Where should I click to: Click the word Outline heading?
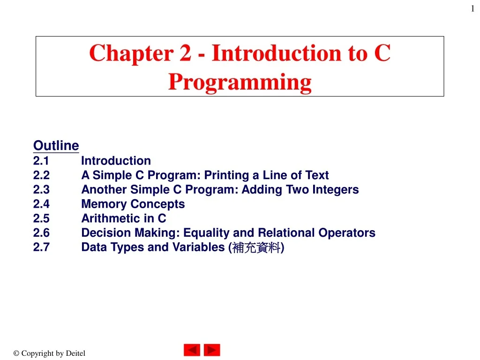(x=56, y=145)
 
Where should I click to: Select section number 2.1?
(x=41, y=161)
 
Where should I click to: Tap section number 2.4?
(x=41, y=204)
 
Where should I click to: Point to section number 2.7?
(x=41, y=247)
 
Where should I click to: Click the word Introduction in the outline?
(x=116, y=161)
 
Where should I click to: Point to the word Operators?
(x=347, y=233)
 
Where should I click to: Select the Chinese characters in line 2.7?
(x=256, y=247)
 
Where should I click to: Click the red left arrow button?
(x=192, y=350)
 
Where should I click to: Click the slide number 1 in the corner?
(x=472, y=8)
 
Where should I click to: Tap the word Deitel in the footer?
(x=75, y=353)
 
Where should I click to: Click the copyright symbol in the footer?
(x=16, y=353)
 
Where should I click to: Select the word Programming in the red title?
(x=240, y=82)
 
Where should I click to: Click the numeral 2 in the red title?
(x=186, y=53)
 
